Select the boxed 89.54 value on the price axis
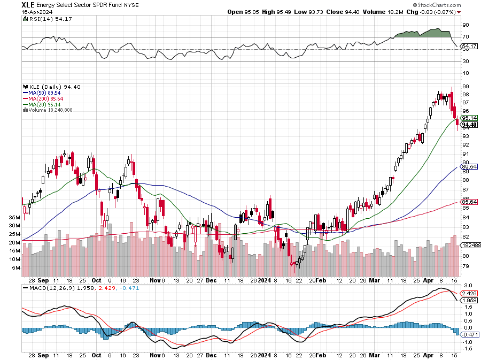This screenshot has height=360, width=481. coord(469,167)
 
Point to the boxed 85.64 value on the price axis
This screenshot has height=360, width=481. coord(469,202)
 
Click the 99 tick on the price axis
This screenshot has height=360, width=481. coord(466,86)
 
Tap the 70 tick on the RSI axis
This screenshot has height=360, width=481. coord(466,37)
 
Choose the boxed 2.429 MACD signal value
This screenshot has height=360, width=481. coord(468,293)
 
